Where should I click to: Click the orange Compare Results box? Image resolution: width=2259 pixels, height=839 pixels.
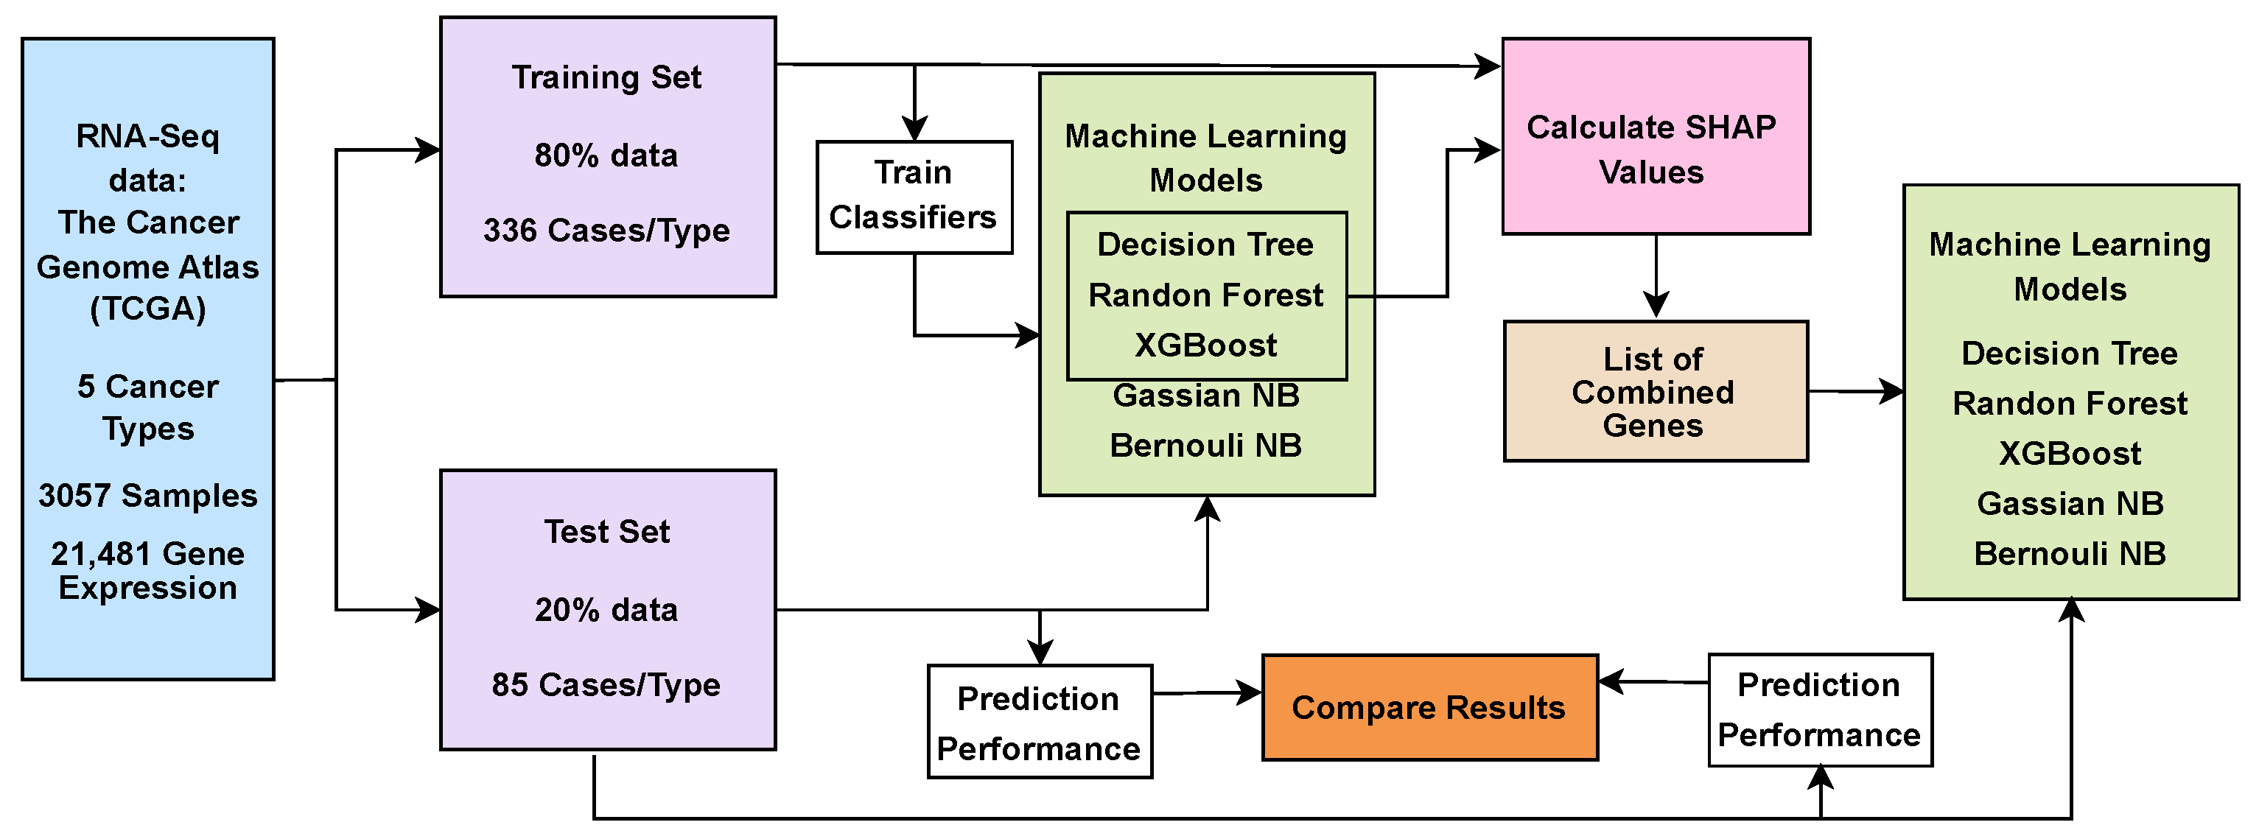click(1429, 707)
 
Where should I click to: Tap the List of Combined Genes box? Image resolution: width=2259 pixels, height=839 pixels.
click(1656, 391)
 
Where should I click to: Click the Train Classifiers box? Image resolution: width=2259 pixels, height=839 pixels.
click(914, 197)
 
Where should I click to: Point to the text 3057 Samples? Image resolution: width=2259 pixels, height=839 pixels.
click(147, 495)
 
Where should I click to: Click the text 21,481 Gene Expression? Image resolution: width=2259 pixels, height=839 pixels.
click(147, 570)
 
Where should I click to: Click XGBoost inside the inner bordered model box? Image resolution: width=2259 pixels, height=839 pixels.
click(1206, 345)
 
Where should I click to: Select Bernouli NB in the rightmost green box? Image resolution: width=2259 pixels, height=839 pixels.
click(2070, 554)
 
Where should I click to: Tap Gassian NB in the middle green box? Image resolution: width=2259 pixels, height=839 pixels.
click(1206, 396)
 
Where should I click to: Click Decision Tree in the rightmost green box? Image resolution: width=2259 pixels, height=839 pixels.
click(2070, 354)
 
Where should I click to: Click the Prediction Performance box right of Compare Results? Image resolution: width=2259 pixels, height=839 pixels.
click(1820, 709)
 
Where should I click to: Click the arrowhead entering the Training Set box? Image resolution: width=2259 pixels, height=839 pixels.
click(428, 150)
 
